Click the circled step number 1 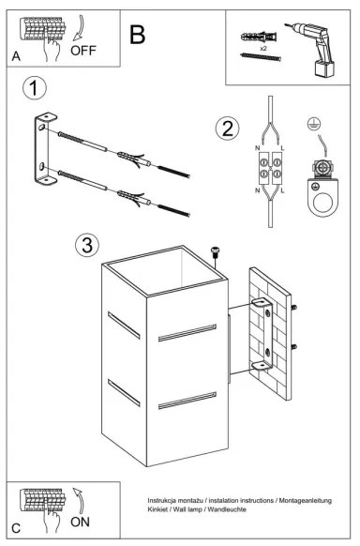pyautogui.click(x=35, y=90)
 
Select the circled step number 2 pyautogui.click(x=225, y=129)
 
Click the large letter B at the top pyautogui.click(x=138, y=36)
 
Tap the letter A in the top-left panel pyautogui.click(x=15, y=56)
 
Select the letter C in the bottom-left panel pyautogui.click(x=16, y=528)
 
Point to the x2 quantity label pyautogui.click(x=263, y=46)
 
